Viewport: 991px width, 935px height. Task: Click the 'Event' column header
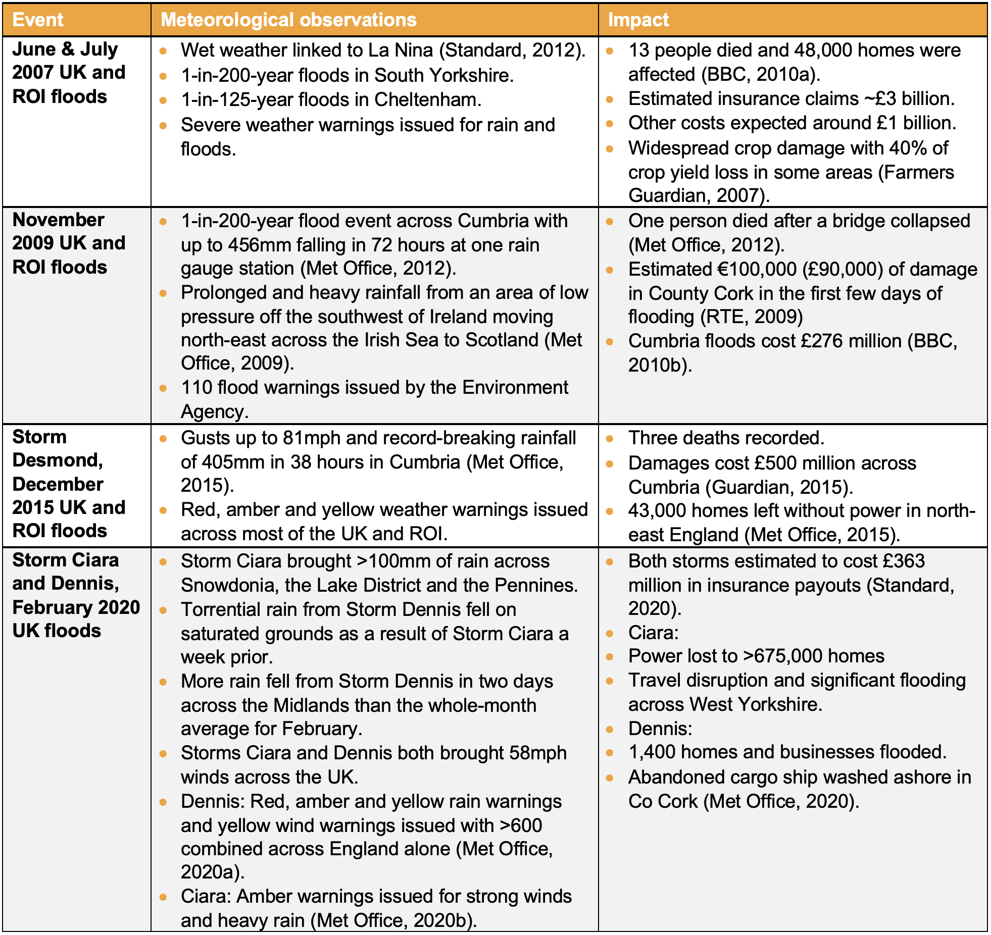point(38,20)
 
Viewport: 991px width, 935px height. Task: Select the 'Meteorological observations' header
point(288,20)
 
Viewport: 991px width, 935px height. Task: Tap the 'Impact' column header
point(638,20)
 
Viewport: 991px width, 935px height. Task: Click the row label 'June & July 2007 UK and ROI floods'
point(68,73)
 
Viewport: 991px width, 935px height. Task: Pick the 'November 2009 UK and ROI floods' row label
point(68,243)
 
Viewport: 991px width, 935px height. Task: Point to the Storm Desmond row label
point(68,484)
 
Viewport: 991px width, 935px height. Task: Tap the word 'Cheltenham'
point(426,99)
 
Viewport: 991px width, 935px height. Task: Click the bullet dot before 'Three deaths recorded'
point(610,439)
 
